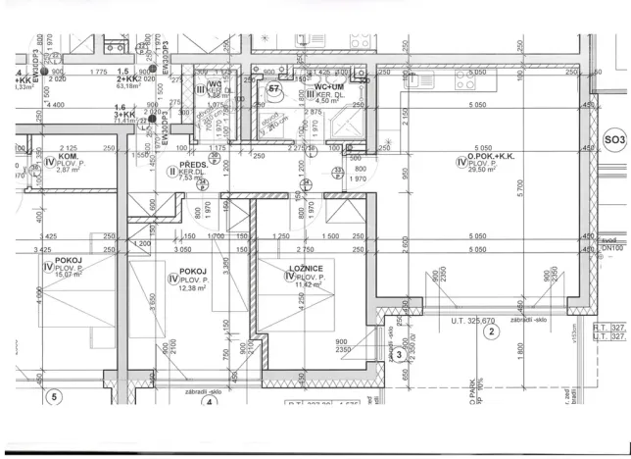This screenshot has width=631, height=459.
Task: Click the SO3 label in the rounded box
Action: coord(614,141)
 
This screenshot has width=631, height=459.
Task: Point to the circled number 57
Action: coord(275,89)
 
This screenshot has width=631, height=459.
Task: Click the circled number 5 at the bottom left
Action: coord(55,398)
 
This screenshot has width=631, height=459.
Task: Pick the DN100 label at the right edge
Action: coord(611,250)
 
